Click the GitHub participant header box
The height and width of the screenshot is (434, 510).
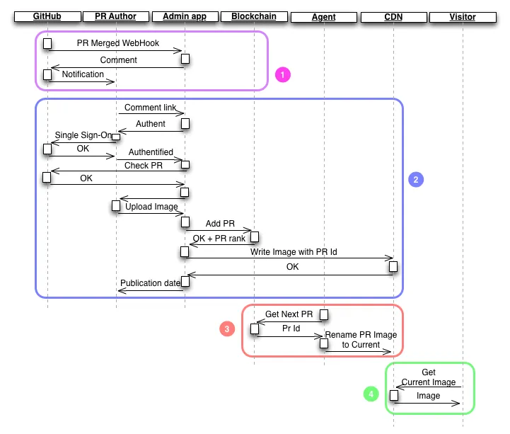pyautogui.click(x=47, y=16)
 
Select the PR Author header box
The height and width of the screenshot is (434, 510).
pyautogui.click(x=116, y=16)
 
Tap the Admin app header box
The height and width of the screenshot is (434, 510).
pyautogui.click(x=185, y=16)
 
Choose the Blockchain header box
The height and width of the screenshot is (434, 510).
pyautogui.click(x=254, y=16)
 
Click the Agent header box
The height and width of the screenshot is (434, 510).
pyautogui.click(x=324, y=17)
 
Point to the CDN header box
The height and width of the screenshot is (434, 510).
pyautogui.click(x=393, y=17)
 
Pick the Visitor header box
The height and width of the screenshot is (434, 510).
pyautogui.click(x=463, y=17)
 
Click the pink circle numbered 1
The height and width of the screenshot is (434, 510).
pyautogui.click(x=283, y=74)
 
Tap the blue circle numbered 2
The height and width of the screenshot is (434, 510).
pyautogui.click(x=416, y=179)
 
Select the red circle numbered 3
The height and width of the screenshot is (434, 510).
pyautogui.click(x=227, y=329)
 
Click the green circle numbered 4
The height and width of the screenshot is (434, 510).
pyautogui.click(x=371, y=394)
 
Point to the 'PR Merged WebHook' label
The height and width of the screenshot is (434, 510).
pyautogui.click(x=117, y=43)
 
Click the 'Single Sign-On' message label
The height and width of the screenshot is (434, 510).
pyautogui.click(x=83, y=135)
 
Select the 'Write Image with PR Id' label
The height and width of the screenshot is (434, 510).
pyautogui.click(x=294, y=251)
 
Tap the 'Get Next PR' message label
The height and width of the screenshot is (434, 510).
pyautogui.click(x=289, y=314)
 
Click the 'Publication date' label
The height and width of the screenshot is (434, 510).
pyautogui.click(x=150, y=283)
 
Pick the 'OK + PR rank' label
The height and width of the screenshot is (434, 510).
pyautogui.click(x=219, y=239)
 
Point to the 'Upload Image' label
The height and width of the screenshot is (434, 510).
pyautogui.click(x=151, y=207)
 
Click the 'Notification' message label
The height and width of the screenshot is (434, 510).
pyautogui.click(x=83, y=74)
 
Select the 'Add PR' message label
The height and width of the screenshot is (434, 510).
pyautogui.click(x=220, y=223)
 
